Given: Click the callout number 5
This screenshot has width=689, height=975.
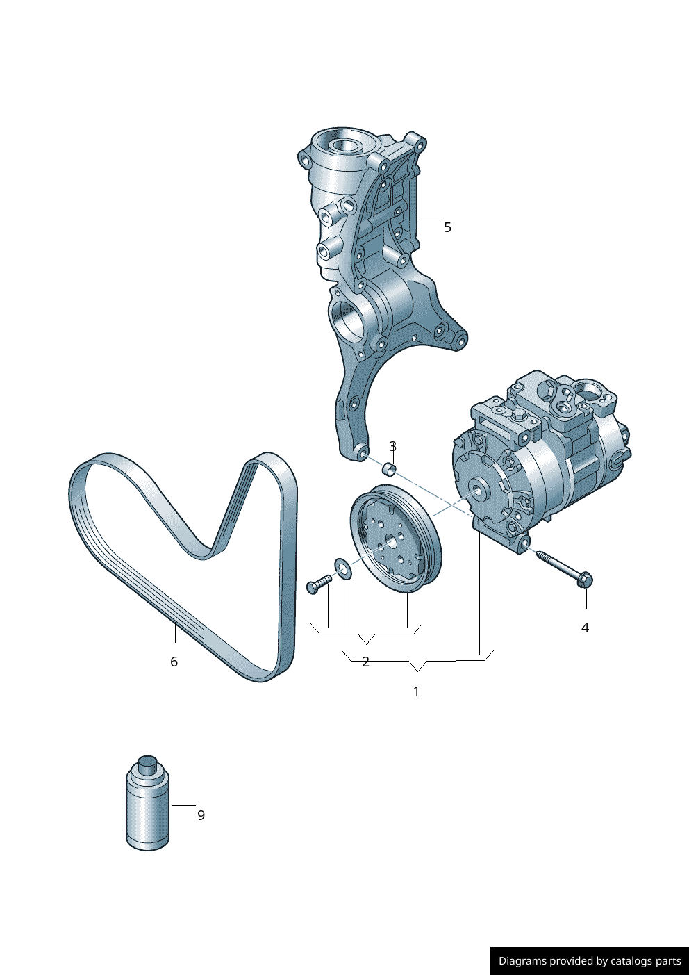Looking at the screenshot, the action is coord(447,227).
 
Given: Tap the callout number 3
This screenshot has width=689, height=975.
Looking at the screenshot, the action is coord(393,446).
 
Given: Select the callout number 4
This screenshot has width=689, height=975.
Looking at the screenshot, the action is coord(585,628).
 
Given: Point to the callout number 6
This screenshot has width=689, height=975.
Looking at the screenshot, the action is coord(174,662).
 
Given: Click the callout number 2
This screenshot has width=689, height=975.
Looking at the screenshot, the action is coord(365,662).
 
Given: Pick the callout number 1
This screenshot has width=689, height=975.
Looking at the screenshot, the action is coord(416,691).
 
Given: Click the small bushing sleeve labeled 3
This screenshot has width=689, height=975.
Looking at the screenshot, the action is coord(389,470).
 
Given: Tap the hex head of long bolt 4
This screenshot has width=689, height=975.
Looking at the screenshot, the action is coord(585,580).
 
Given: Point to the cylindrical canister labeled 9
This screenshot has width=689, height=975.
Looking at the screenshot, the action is coord(148,806).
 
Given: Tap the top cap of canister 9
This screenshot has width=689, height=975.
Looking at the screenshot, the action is coord(148,765).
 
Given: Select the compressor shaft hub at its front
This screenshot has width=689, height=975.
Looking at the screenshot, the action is coord(479,490).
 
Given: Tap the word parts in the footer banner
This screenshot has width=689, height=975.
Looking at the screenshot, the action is coord(667,961).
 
